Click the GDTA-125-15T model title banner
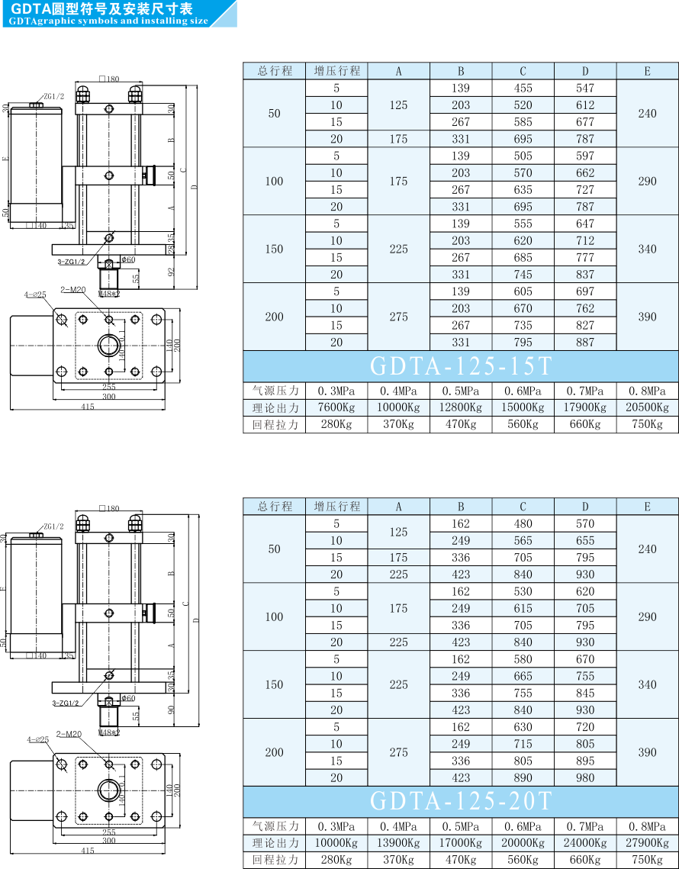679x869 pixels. (460, 366)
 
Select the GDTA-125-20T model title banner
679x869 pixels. (460, 801)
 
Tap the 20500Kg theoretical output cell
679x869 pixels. (647, 407)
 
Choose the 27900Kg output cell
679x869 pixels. (647, 843)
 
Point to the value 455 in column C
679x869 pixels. (523, 88)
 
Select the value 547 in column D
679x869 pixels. (585, 88)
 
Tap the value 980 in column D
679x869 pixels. (585, 777)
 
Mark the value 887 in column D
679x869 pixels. (585, 343)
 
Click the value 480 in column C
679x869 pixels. (523, 523)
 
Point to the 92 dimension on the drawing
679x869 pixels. (172, 271)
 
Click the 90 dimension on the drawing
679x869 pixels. (172, 709)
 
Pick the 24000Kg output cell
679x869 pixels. (585, 843)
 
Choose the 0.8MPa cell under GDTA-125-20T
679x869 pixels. (647, 826)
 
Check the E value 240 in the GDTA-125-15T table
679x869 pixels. (647, 113)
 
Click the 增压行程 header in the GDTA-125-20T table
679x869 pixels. (336, 507)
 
